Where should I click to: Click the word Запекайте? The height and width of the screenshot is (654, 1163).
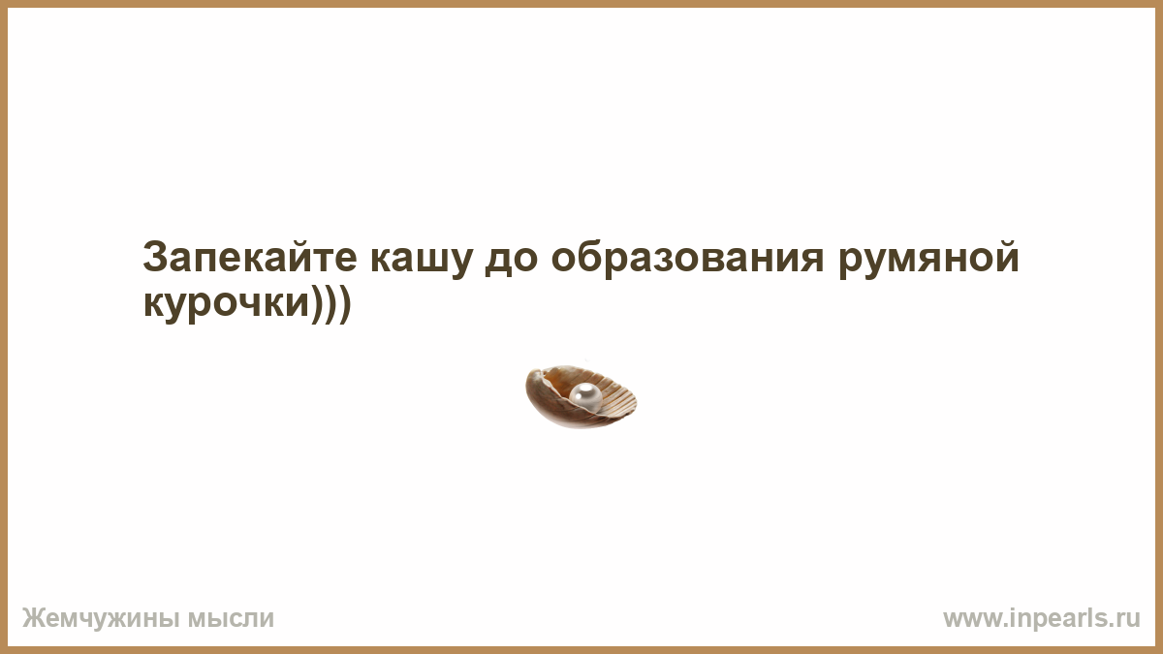pyautogui.click(x=250, y=258)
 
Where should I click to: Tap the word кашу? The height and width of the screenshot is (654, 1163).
pyautogui.click(x=421, y=261)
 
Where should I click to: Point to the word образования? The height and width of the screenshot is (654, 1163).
pyautogui.click(x=687, y=258)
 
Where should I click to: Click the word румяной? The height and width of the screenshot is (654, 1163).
pyautogui.click(x=928, y=258)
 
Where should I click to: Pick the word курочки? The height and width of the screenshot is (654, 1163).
pyautogui.click(x=227, y=303)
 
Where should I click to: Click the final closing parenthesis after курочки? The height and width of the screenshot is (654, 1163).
pyautogui.click(x=346, y=303)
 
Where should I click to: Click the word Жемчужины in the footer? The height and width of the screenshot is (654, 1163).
pyautogui.click(x=101, y=619)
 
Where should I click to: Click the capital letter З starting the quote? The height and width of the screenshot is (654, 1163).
pyautogui.click(x=155, y=258)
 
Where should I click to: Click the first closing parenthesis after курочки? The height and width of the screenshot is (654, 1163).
pyautogui.click(x=318, y=303)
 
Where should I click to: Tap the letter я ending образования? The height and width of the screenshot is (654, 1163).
pyautogui.click(x=811, y=261)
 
